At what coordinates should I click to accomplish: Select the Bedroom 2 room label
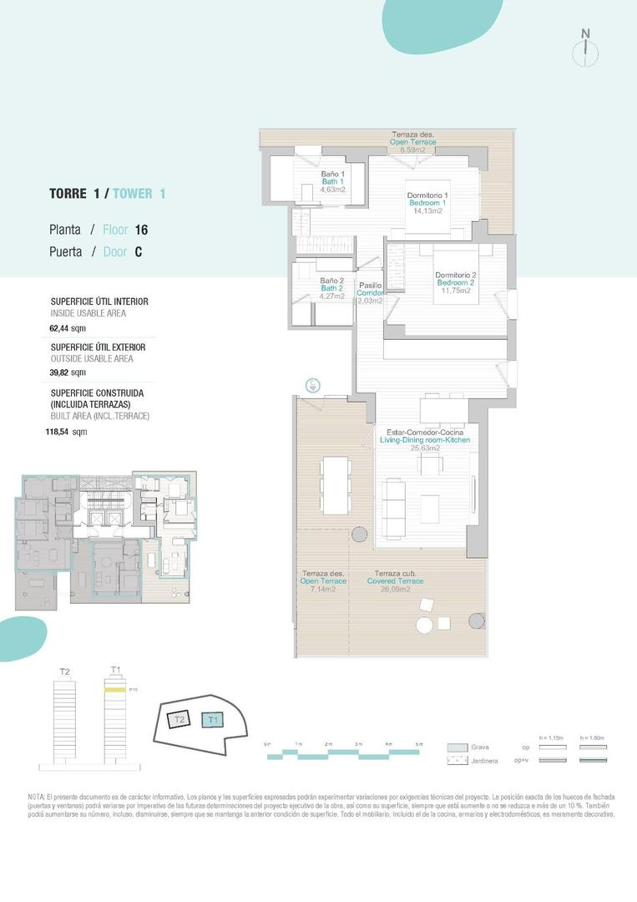[455, 282]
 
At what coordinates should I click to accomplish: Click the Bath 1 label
[332, 182]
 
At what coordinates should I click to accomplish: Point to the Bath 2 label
[332, 288]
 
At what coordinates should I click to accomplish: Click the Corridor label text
[370, 293]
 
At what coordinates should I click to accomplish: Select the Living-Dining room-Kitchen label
[425, 439]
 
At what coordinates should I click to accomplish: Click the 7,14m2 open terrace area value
[322, 590]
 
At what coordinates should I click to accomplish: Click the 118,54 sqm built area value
[66, 432]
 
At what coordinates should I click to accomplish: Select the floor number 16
[141, 229]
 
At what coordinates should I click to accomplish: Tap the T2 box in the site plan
[179, 718]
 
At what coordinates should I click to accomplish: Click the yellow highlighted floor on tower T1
[114, 691]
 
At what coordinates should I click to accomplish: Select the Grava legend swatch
[457, 747]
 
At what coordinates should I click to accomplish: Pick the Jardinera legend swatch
[457, 761]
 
